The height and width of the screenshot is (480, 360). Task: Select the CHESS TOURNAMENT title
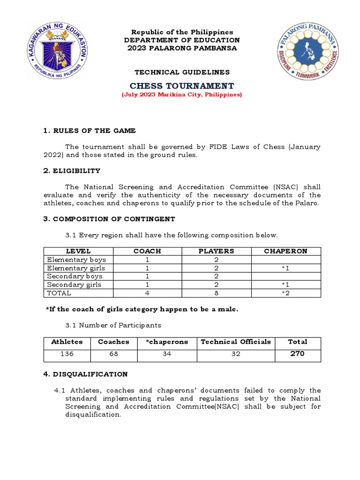(x=182, y=86)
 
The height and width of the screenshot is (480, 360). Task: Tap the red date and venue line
(x=182, y=95)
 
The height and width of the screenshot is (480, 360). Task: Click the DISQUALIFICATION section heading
(x=85, y=374)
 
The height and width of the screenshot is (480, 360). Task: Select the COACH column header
(x=147, y=251)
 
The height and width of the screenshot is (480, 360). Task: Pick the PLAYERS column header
(x=216, y=251)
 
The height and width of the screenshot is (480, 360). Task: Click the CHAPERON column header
(x=285, y=251)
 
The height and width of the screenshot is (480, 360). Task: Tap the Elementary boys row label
(x=76, y=260)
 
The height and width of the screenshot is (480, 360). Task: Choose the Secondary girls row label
(x=74, y=285)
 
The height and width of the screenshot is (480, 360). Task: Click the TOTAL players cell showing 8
(x=217, y=293)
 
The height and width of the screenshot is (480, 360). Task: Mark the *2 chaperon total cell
(x=285, y=293)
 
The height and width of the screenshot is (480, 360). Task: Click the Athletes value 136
(x=67, y=354)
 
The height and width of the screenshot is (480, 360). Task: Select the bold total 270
(x=297, y=354)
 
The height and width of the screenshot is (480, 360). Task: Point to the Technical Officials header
(x=236, y=342)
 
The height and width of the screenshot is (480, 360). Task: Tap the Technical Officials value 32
(x=236, y=354)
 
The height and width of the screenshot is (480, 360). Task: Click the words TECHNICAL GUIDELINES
(x=182, y=72)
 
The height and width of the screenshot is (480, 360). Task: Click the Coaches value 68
(x=113, y=354)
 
